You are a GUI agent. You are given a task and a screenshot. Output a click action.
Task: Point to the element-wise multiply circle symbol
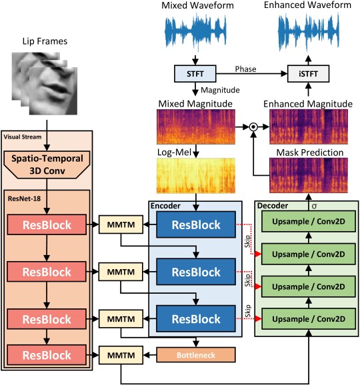tap(254, 125)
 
